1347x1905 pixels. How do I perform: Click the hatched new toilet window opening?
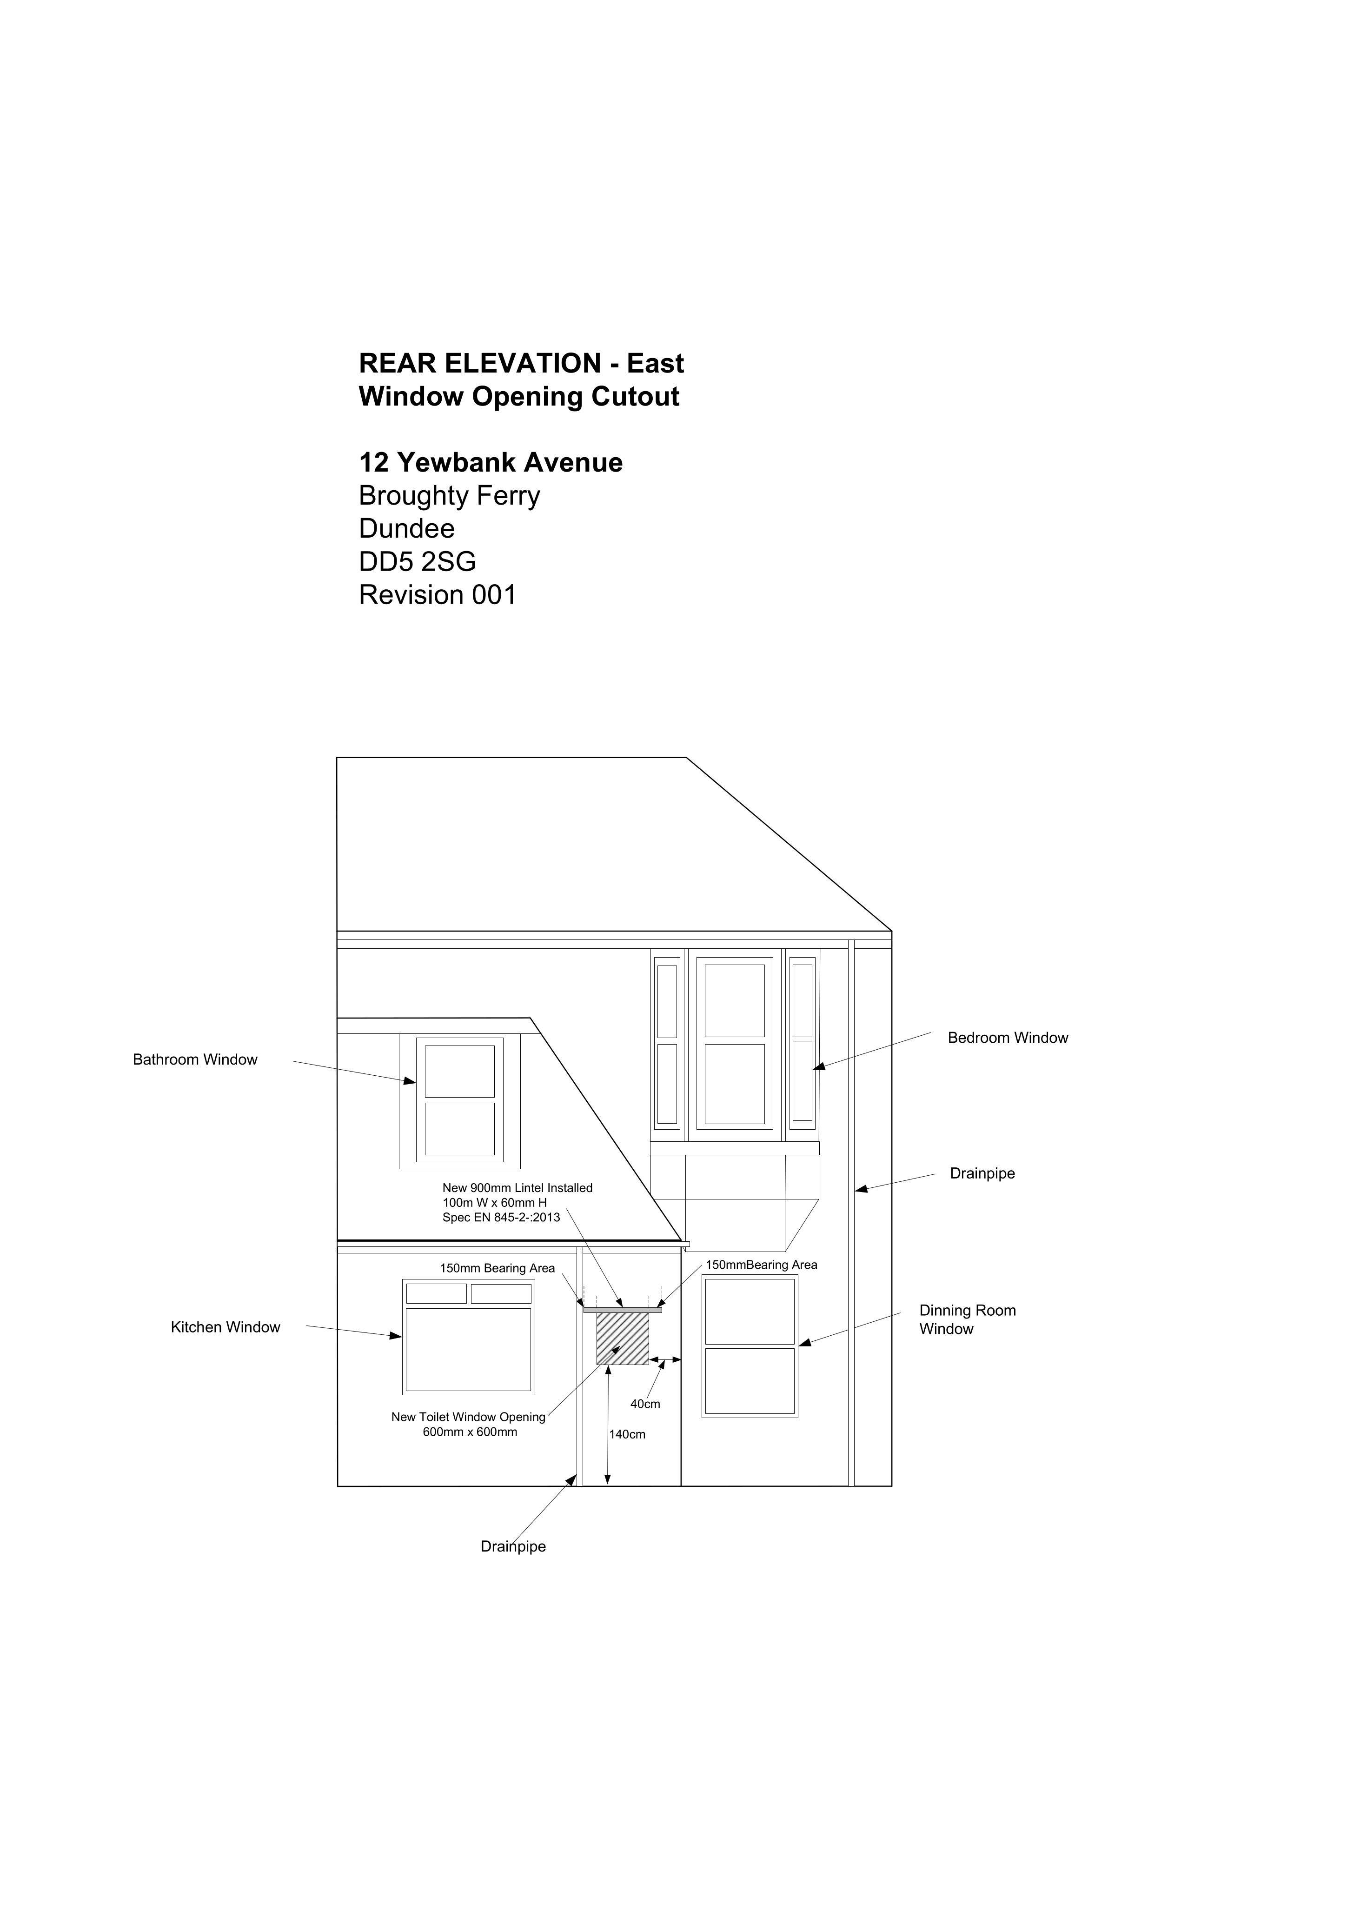pos(623,1338)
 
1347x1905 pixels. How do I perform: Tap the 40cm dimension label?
pos(645,1404)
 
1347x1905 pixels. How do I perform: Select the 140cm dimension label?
pos(627,1434)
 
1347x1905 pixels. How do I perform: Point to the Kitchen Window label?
pos(226,1327)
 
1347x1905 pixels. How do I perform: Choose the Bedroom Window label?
pos(1008,1038)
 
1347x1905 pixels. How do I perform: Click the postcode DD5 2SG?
pos(417,562)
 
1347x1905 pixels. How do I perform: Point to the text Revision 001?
pos(437,595)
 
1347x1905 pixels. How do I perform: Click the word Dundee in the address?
pos(406,528)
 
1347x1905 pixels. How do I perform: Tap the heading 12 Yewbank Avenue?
pos(490,462)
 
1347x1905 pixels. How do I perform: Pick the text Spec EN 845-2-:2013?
pos(501,1217)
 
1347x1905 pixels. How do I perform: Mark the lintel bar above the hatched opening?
pos(623,1310)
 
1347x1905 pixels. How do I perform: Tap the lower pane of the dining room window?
pos(750,1381)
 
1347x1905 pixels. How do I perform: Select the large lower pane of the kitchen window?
pos(469,1349)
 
